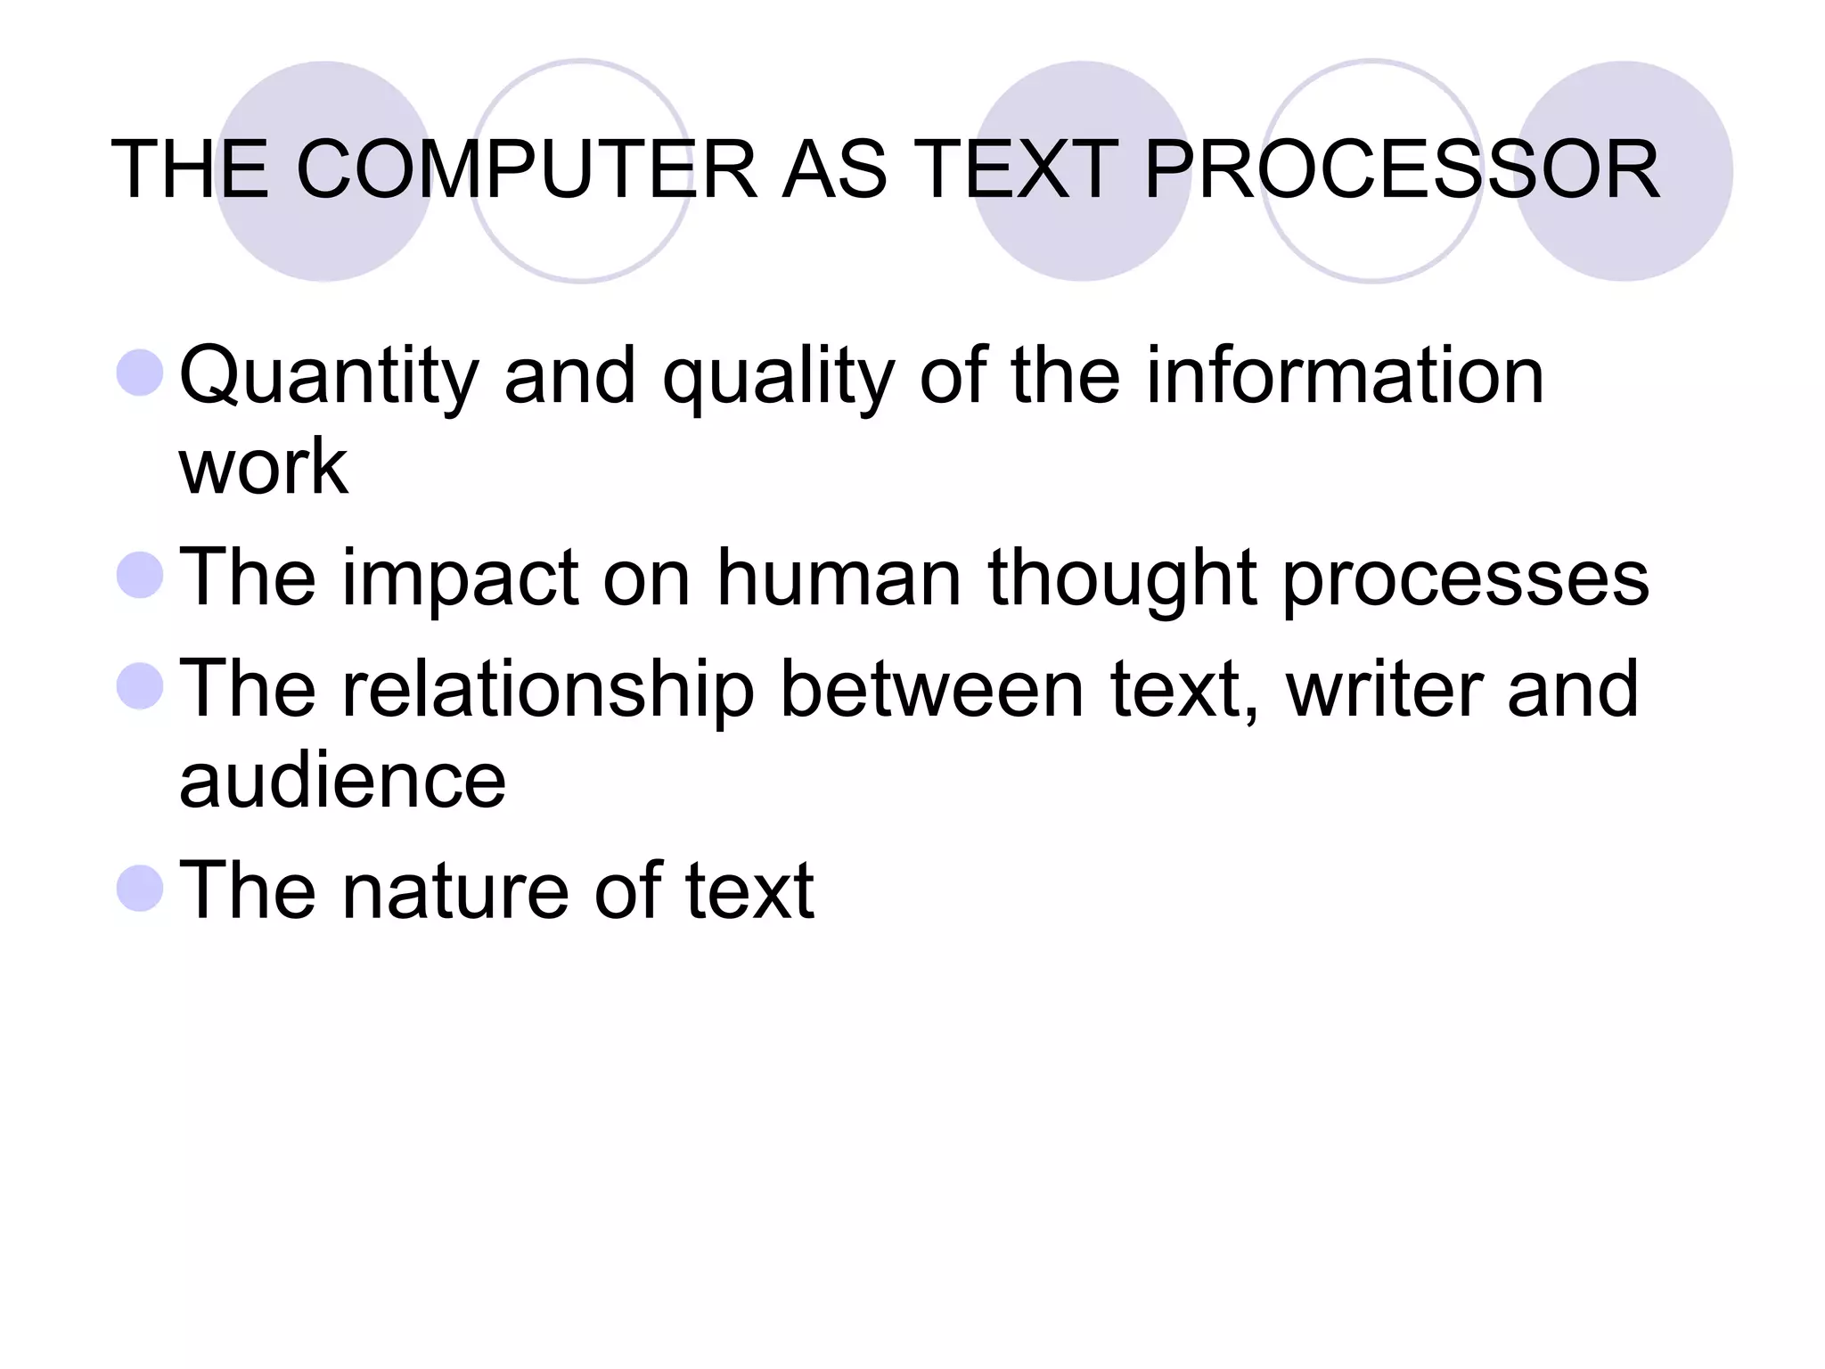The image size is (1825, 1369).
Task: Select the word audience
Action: click(x=342, y=781)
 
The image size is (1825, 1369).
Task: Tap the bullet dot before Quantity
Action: click(x=141, y=373)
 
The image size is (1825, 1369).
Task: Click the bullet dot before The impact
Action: click(x=141, y=575)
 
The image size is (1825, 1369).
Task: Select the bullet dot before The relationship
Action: click(x=141, y=686)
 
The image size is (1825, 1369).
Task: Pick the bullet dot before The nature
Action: click(x=141, y=888)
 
